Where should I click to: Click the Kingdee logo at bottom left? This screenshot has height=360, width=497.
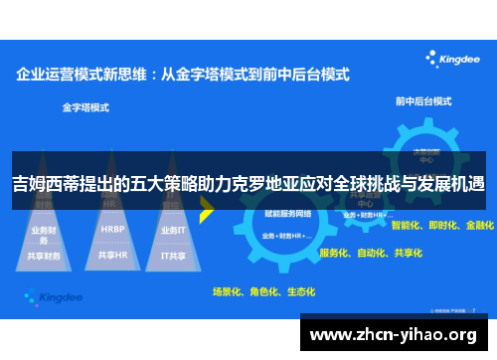(48, 296)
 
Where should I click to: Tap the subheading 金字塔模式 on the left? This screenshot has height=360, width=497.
(85, 104)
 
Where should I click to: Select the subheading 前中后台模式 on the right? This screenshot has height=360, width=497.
(421, 100)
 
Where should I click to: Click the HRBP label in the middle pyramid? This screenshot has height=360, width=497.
(112, 228)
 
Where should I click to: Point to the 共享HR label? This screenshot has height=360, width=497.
(112, 255)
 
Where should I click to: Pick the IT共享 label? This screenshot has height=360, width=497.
(174, 255)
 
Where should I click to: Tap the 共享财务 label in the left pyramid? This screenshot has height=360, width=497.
(46, 256)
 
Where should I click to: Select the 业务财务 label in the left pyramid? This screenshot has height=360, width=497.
(46, 230)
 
